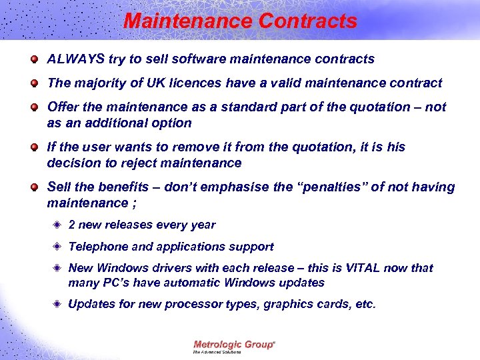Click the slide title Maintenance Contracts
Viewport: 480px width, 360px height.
coord(240,21)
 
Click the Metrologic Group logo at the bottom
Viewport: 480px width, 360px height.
coord(234,345)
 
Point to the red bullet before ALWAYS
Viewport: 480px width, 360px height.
coord(34,59)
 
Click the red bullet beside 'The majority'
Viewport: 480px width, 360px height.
coord(34,83)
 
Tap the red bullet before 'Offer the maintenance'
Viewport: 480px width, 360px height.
coord(34,107)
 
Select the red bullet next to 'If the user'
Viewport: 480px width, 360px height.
coord(34,147)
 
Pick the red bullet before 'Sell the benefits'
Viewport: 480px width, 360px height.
coord(34,187)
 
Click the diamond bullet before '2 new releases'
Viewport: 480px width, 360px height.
coord(58,225)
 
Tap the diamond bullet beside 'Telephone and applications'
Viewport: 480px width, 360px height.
coord(58,247)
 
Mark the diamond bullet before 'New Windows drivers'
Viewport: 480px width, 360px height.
coord(58,268)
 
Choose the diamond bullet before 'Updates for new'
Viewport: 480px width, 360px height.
coord(58,305)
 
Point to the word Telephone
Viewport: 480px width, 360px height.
coord(99,247)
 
